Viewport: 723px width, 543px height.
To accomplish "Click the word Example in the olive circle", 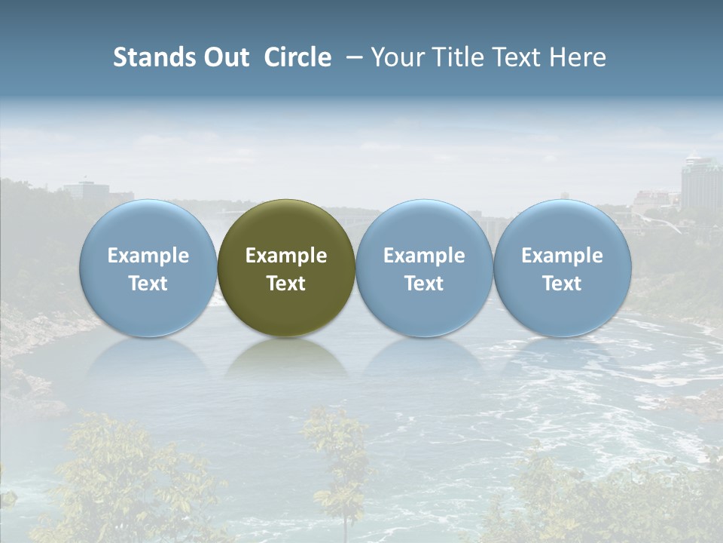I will click(x=286, y=256).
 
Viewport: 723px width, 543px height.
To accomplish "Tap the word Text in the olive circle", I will click(x=286, y=284).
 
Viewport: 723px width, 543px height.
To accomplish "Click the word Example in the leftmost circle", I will click(x=148, y=256).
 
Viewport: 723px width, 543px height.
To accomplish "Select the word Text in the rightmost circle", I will click(x=563, y=284).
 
